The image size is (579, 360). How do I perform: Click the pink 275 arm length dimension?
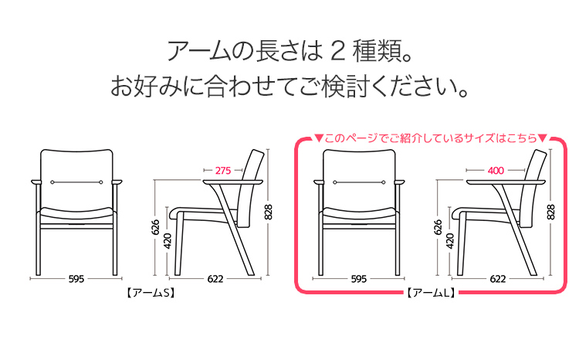(x=223, y=171)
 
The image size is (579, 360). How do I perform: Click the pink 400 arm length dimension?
(x=496, y=171)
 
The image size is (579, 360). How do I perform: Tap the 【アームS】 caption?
(x=151, y=293)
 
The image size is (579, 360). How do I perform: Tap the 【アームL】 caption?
(x=432, y=293)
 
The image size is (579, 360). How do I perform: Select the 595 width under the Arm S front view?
(x=76, y=279)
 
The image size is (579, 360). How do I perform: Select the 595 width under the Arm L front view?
(x=358, y=279)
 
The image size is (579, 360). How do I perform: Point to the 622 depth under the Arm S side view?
(x=215, y=279)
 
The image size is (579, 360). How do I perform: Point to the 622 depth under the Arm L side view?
(x=497, y=279)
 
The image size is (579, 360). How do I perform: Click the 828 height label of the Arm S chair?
(x=269, y=212)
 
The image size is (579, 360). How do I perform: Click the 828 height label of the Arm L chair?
(x=550, y=212)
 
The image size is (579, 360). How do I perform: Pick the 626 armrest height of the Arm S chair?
(x=155, y=227)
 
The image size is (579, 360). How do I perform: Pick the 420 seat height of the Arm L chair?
(x=450, y=241)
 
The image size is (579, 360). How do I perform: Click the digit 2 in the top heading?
(x=338, y=52)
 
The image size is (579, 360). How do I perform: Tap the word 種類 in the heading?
(x=377, y=52)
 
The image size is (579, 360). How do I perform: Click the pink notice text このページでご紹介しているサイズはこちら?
(x=430, y=138)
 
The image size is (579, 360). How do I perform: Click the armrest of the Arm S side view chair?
(x=232, y=182)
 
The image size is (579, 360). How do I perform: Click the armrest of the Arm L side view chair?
(x=506, y=182)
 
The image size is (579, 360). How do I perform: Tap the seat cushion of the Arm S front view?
(x=76, y=214)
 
